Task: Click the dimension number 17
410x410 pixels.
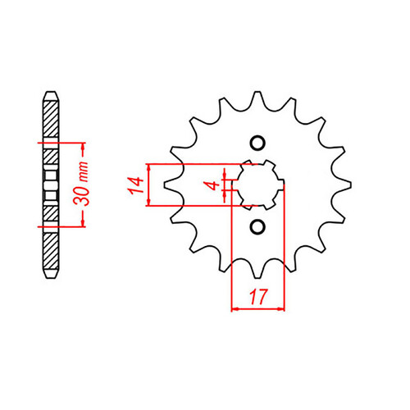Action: (x=258, y=294)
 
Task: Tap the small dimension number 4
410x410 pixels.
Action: (x=216, y=186)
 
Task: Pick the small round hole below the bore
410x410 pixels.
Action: (x=258, y=227)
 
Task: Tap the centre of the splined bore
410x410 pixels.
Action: (x=258, y=184)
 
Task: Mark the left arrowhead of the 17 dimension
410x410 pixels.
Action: (x=235, y=308)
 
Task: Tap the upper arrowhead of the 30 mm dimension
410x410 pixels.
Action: (x=85, y=148)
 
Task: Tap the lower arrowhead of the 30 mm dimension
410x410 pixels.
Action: (x=85, y=222)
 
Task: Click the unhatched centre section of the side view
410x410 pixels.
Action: (x=50, y=184)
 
